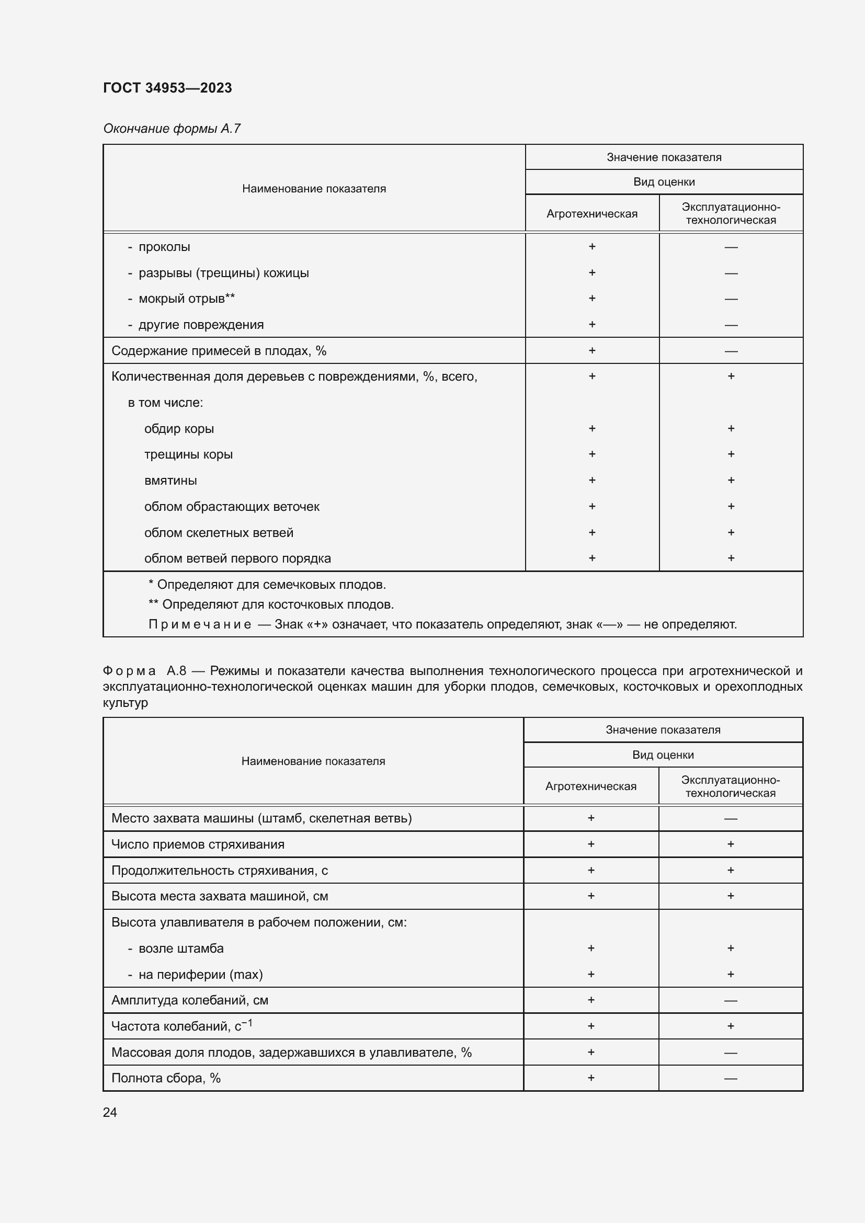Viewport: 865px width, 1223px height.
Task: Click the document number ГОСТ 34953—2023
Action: point(167,88)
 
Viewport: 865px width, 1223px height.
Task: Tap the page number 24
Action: point(110,1112)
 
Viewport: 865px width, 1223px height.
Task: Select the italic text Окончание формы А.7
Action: point(172,129)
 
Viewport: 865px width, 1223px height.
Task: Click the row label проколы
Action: point(164,247)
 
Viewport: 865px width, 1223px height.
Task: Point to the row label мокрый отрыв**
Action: point(186,299)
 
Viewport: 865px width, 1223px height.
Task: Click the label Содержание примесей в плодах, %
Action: point(219,351)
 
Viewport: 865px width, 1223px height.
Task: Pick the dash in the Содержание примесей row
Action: point(731,351)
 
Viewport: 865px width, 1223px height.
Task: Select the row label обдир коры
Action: point(179,429)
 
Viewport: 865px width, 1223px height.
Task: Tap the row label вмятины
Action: point(170,481)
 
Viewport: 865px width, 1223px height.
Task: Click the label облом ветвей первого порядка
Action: point(237,559)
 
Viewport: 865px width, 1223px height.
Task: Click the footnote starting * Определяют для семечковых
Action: point(267,585)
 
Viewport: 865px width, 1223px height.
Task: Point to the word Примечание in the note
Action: point(199,624)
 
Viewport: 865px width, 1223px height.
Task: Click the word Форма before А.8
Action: point(129,671)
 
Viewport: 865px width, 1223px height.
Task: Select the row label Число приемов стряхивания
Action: point(198,844)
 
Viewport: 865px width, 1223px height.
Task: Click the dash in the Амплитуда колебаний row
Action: point(730,1000)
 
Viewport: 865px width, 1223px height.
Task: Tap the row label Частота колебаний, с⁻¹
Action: point(181,1026)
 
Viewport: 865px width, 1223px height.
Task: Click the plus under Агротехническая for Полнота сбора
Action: point(590,1078)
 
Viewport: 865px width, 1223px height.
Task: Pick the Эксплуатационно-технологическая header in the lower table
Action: point(730,786)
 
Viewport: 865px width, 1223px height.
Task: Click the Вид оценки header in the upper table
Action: point(664,182)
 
